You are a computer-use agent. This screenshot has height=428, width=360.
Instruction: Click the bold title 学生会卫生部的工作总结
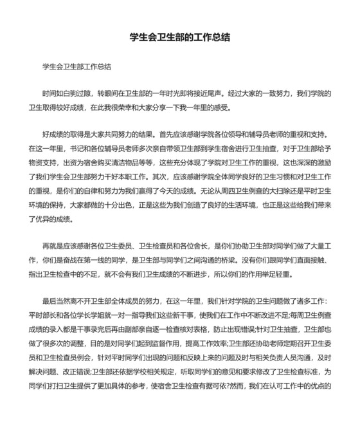coord(180,37)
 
